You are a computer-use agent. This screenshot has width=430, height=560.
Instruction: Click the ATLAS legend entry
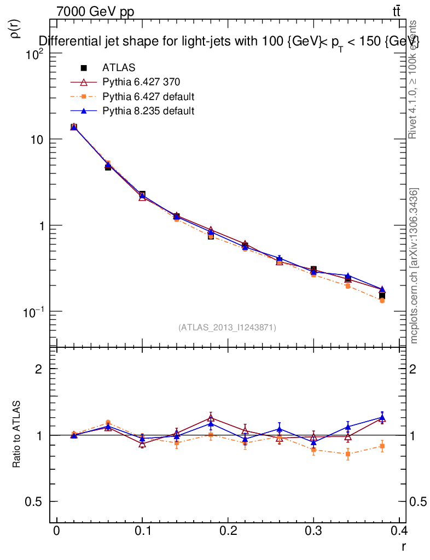pyautogui.click(x=118, y=68)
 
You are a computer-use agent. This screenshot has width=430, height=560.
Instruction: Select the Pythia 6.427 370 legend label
pyautogui.click(x=141, y=82)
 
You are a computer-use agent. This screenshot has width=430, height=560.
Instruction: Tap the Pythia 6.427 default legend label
pyautogui.click(x=148, y=97)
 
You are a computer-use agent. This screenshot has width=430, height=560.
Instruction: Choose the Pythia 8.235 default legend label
pyautogui.click(x=148, y=111)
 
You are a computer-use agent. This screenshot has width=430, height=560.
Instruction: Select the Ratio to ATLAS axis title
pyautogui.click(x=17, y=434)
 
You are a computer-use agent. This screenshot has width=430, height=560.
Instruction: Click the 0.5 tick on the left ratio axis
pyautogui.click(x=36, y=501)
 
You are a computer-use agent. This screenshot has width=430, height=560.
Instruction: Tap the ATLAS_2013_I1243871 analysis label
pyautogui.click(x=227, y=328)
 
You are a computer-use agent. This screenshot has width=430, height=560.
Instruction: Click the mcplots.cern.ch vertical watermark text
pyautogui.click(x=414, y=265)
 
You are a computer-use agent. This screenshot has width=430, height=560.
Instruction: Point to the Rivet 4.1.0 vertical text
pyautogui.click(x=413, y=79)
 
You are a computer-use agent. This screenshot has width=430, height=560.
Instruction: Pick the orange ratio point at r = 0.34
pyautogui.click(x=348, y=454)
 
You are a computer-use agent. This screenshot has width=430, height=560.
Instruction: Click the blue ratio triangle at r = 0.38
pyautogui.click(x=382, y=418)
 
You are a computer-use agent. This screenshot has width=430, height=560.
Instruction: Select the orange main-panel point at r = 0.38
pyautogui.click(x=382, y=300)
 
